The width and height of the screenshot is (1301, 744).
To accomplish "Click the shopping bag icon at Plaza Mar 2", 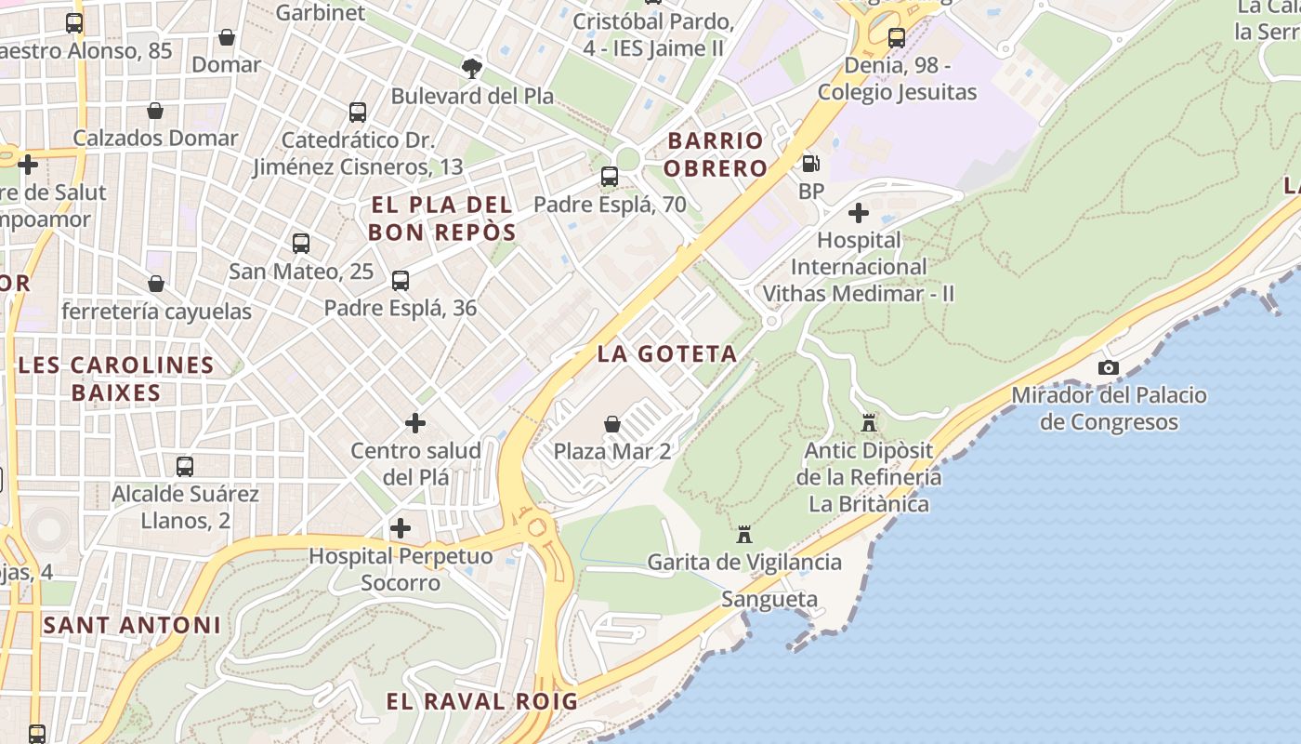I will [x=612, y=424].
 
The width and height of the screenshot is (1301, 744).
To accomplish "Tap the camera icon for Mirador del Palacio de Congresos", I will [x=1108, y=367].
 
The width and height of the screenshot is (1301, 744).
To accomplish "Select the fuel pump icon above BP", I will [x=810, y=164].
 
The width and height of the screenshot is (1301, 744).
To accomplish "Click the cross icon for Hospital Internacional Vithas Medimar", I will [x=859, y=213].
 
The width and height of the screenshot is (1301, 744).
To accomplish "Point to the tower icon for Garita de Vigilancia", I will [x=743, y=535].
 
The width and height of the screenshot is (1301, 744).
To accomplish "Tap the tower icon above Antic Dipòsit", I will [x=869, y=423].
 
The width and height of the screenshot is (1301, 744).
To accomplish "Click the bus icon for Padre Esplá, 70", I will [x=610, y=177].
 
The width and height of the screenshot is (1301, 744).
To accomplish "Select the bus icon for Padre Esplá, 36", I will [x=401, y=281].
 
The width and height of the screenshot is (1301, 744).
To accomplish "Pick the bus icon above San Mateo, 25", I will [x=301, y=244].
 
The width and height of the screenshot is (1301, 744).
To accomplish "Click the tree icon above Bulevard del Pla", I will [x=472, y=67].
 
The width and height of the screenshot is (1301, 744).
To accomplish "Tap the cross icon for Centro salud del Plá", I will [x=415, y=423].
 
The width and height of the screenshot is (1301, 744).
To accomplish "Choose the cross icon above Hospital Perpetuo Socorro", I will [x=401, y=528].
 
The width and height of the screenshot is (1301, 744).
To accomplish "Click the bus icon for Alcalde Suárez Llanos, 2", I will [x=185, y=466].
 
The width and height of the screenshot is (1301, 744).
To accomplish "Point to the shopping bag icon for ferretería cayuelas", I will [x=156, y=284].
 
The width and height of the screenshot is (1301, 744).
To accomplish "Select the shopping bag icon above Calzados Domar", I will [x=155, y=111].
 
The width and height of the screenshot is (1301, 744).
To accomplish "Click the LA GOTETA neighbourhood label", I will [x=667, y=353].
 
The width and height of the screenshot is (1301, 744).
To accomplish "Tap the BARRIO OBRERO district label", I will [x=716, y=154].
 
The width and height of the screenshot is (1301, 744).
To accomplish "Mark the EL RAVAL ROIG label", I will [x=481, y=701].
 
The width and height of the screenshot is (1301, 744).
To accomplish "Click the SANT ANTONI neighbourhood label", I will [x=132, y=625].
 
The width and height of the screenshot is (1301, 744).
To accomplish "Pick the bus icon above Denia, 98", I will [x=897, y=38].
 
